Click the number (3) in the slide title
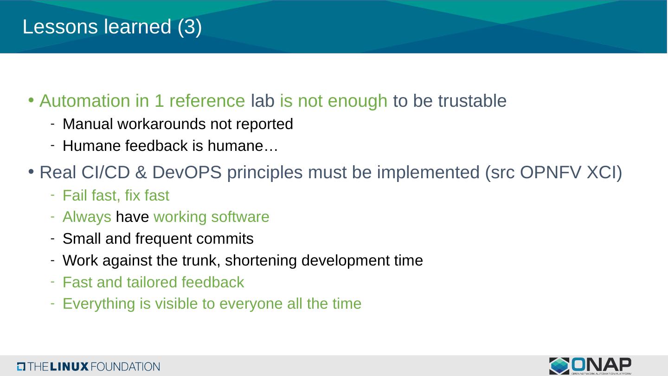(190, 27)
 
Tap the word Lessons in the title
(60, 26)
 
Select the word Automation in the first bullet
(85, 101)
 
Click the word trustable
(472, 101)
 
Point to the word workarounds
(161, 124)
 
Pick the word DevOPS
(187, 172)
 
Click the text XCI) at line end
(604, 173)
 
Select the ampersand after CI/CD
(141, 172)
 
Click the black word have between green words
(132, 217)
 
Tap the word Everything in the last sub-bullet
(99, 304)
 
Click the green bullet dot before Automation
(31, 100)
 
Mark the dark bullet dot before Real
(31, 172)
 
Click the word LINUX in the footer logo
(69, 366)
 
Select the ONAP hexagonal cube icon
(559, 366)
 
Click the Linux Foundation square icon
(21, 366)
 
